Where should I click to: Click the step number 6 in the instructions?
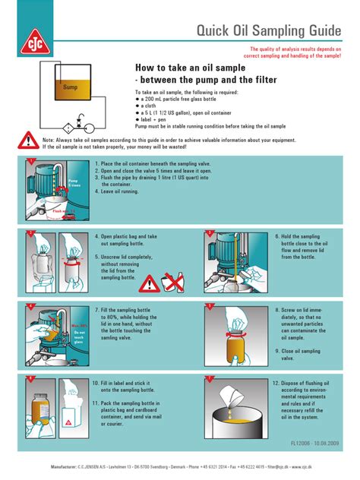[x=274, y=236]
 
